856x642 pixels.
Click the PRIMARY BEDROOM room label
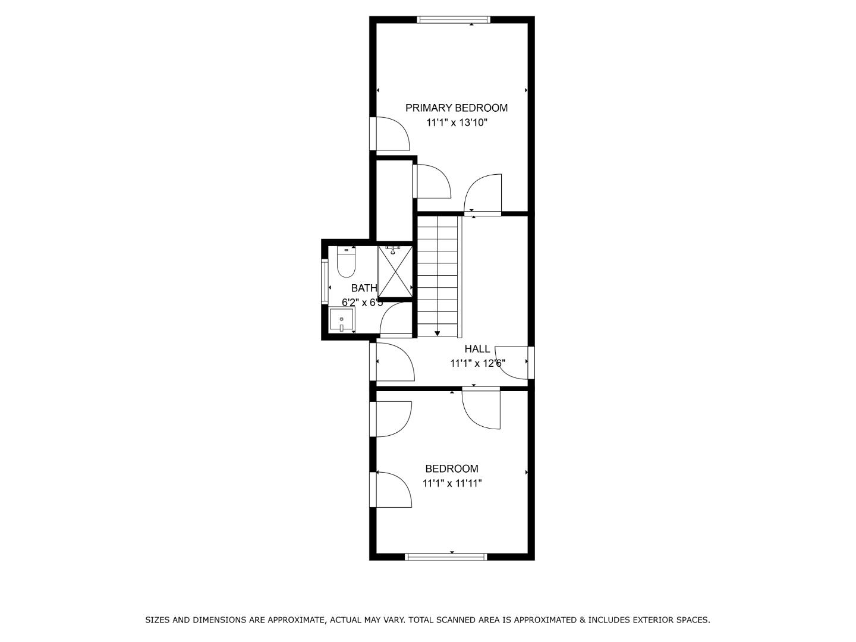tap(456, 108)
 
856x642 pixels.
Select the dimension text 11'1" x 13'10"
tap(456, 123)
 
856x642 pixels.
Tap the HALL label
tap(477, 349)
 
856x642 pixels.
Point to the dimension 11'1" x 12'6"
tap(477, 363)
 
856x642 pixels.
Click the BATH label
tap(363, 288)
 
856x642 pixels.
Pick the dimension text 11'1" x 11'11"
tap(452, 483)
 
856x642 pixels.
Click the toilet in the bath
tap(345, 262)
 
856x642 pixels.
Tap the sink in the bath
tap(342, 320)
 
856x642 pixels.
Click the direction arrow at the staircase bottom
tap(437, 333)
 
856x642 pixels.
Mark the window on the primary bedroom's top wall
tap(454, 20)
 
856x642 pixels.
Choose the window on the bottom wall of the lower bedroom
tap(446, 557)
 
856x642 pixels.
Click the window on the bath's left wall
tap(325, 282)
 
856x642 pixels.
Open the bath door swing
tap(396, 320)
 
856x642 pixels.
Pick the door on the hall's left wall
tap(392, 361)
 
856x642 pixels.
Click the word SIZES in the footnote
tap(158, 620)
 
